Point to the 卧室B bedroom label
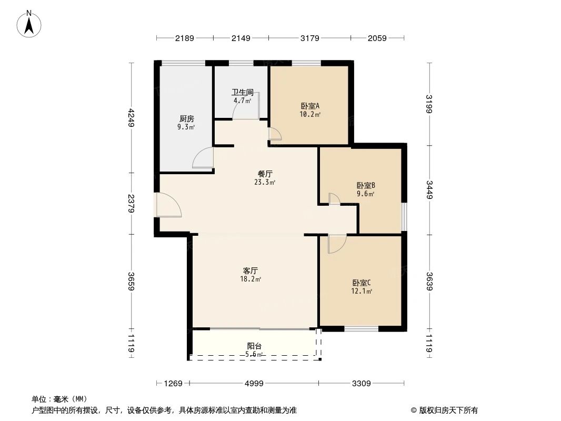365,185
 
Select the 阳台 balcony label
255,346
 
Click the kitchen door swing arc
203,158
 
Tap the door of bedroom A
275,135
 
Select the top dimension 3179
309,38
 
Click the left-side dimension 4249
132,117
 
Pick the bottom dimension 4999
254,384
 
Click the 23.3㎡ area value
265,183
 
